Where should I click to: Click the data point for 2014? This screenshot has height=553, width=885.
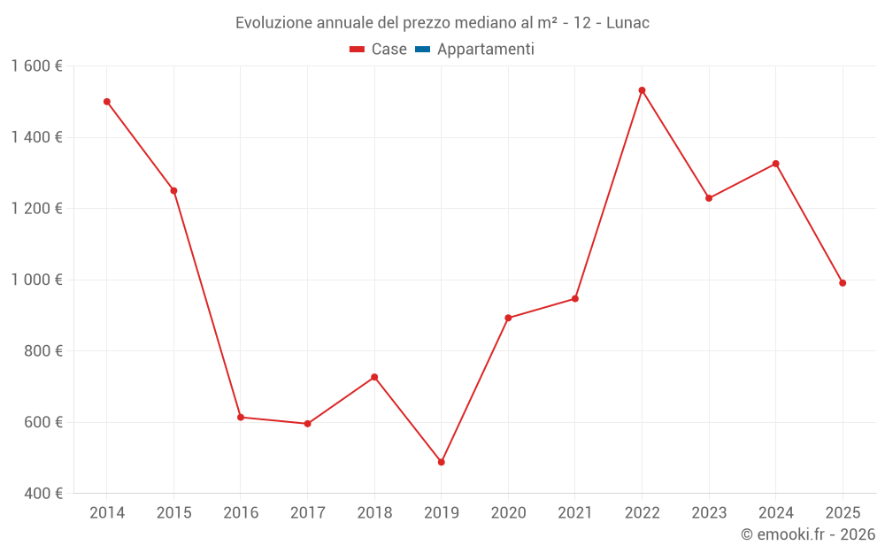(x=107, y=102)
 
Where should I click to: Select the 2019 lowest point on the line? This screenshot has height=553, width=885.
(x=442, y=462)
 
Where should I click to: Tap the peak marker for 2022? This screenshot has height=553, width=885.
(x=642, y=90)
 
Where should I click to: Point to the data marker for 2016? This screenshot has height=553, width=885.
(x=241, y=417)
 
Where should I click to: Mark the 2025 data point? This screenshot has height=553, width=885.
(x=843, y=283)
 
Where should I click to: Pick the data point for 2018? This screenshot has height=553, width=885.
(x=374, y=377)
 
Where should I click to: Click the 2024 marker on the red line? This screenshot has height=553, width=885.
(x=776, y=164)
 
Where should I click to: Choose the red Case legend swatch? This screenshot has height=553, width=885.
(x=358, y=50)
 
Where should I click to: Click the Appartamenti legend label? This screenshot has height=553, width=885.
(x=485, y=50)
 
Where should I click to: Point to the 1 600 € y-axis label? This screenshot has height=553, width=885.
(x=36, y=66)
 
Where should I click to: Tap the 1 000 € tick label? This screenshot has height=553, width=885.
(x=36, y=280)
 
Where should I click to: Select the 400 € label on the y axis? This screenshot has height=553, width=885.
(x=42, y=494)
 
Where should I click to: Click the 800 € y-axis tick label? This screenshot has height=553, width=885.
(x=42, y=351)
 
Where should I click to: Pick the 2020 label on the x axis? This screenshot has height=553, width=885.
(x=508, y=513)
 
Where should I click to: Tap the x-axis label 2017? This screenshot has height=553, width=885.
(x=307, y=513)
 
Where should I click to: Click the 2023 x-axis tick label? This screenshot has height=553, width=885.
(x=709, y=513)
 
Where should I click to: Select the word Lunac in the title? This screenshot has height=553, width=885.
(x=627, y=23)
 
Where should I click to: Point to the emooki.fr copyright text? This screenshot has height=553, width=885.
(x=808, y=534)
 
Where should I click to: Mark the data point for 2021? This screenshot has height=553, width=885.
(x=575, y=298)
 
